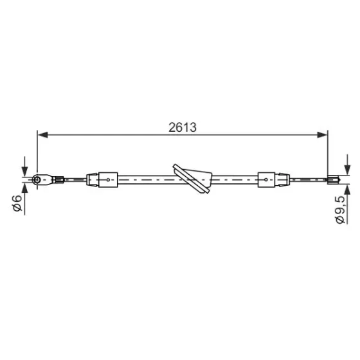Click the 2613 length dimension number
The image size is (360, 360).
click(x=183, y=127)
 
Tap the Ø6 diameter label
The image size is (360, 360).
click(x=17, y=203)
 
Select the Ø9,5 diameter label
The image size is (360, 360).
click(x=340, y=210)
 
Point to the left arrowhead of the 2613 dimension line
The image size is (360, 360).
click(x=42, y=135)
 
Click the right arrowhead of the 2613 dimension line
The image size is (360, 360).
click(x=322, y=135)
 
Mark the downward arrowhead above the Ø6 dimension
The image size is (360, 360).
click(x=24, y=172)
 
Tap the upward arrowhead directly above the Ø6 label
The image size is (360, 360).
click(x=24, y=188)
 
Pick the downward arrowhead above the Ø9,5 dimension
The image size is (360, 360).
click(x=348, y=170)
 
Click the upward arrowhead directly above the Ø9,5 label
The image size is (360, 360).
click(x=348, y=189)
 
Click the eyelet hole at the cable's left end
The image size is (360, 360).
click(x=37, y=179)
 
